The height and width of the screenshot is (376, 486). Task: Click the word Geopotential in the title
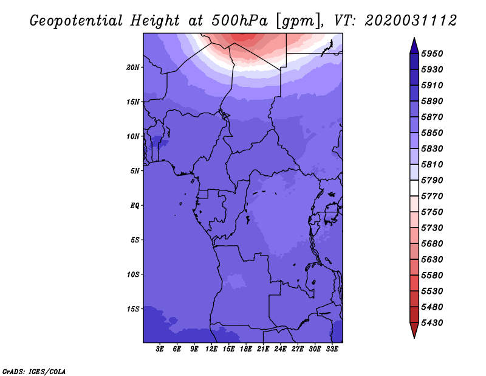pyautogui.click(x=78, y=20)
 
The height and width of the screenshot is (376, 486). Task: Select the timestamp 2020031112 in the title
pyautogui.click(x=411, y=20)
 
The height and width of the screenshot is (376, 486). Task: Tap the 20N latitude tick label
pyautogui.click(x=133, y=67)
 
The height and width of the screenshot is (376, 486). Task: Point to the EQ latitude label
pyautogui.click(x=135, y=206)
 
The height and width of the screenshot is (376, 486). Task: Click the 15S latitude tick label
pyautogui.click(x=133, y=309)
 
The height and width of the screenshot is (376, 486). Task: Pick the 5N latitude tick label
pyautogui.click(x=135, y=171)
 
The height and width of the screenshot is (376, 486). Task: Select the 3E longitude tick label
pyautogui.click(x=160, y=349)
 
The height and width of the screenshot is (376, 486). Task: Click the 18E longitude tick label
pyautogui.click(x=247, y=349)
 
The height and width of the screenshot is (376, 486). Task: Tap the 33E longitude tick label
pyautogui.click(x=332, y=349)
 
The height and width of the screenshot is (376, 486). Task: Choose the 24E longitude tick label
pyautogui.click(x=281, y=349)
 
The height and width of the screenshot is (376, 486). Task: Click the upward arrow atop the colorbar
pyautogui.click(x=413, y=45)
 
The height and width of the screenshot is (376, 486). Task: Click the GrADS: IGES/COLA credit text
pyautogui.click(x=34, y=371)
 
